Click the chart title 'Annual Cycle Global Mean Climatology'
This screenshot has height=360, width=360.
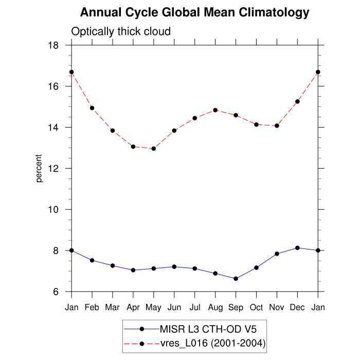tap(195, 13)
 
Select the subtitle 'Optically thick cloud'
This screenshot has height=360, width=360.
tap(121, 32)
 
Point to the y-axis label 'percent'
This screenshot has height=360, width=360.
tap(39, 168)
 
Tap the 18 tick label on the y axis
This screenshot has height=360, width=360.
tap(53, 45)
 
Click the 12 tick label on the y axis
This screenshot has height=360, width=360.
tap(53, 169)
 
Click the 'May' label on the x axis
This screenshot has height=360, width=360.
tap(154, 307)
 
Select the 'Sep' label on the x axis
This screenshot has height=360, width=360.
tap(236, 307)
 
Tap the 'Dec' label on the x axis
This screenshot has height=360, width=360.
tap(298, 307)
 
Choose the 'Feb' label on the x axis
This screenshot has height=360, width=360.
tap(92, 307)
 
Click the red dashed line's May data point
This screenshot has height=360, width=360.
tap(154, 149)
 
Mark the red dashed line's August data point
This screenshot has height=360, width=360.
tap(215, 110)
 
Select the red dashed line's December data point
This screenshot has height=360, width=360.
tap(298, 101)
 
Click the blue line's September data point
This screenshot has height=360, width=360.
tap(236, 279)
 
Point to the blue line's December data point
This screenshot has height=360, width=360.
tap(298, 248)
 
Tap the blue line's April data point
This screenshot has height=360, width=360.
tap(133, 270)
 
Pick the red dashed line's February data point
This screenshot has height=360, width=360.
tap(92, 108)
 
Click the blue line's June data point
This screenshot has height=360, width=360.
tap(174, 266)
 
